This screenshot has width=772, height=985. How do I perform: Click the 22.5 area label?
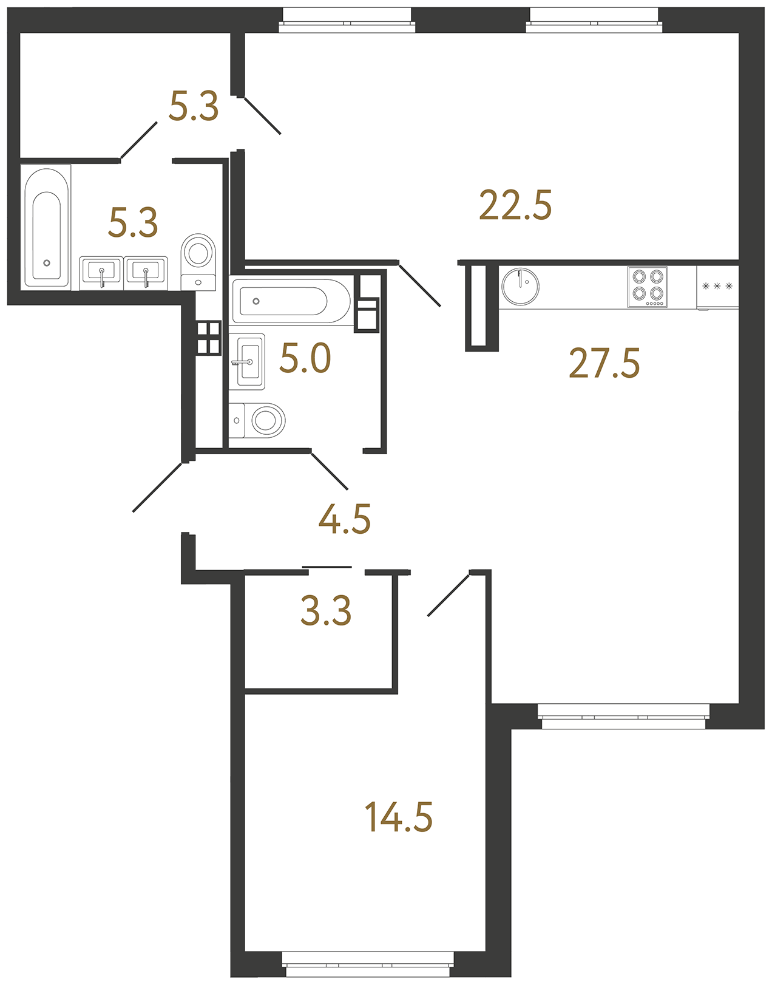pyautogui.click(x=515, y=205)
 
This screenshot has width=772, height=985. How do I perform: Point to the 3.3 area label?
pyautogui.click(x=326, y=611)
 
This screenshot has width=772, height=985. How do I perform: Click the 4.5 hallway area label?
pyautogui.click(x=345, y=519)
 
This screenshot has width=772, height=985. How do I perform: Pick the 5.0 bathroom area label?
pyautogui.click(x=305, y=358)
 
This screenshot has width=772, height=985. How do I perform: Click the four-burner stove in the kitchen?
pyautogui.click(x=647, y=287)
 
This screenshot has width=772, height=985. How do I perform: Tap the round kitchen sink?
pyautogui.click(x=521, y=287)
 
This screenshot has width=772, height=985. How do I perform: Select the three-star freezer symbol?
pyautogui.click(x=717, y=286)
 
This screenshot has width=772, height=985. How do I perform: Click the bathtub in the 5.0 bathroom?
pyautogui.click(x=290, y=301)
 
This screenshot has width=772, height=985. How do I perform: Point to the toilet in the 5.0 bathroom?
pyautogui.click(x=257, y=420)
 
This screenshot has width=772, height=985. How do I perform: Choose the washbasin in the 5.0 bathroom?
pyautogui.click(x=247, y=362)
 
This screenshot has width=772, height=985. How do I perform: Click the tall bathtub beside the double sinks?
pyautogui.click(x=46, y=227)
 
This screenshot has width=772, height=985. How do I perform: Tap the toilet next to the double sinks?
pyautogui.click(x=198, y=262)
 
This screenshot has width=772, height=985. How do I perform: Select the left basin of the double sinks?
pyautogui.click(x=101, y=273)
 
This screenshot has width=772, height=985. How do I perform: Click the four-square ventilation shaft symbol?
pyautogui.click(x=208, y=338)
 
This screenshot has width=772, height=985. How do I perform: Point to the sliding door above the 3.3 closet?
pyautogui.click(x=327, y=567)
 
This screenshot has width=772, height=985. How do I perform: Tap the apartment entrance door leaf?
pyautogui.click(x=157, y=487)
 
